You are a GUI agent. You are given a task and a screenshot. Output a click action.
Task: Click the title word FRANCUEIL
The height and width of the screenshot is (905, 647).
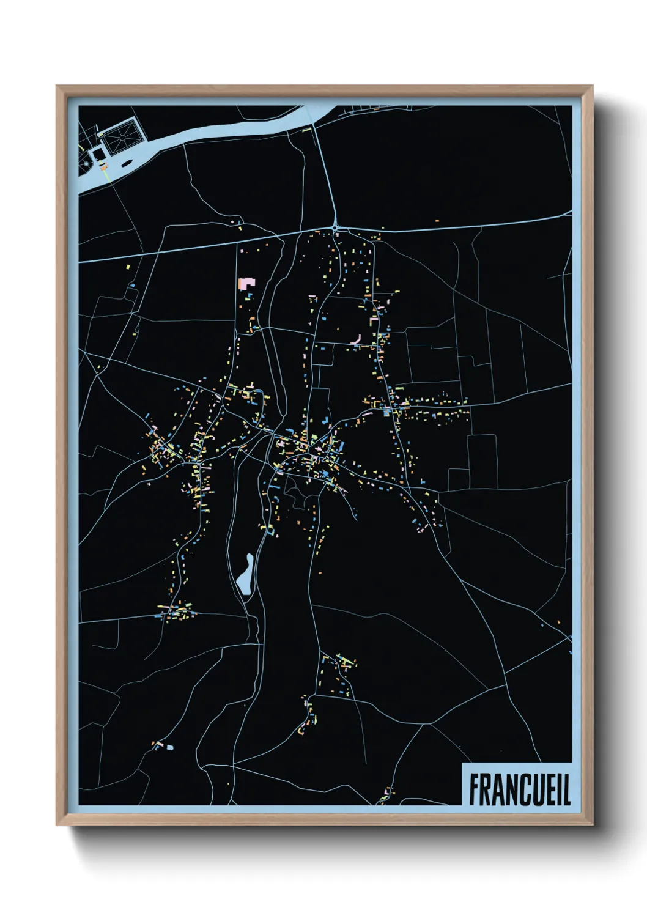[x=519, y=789]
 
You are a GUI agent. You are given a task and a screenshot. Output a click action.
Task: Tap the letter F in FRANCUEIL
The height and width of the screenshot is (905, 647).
[x=475, y=789]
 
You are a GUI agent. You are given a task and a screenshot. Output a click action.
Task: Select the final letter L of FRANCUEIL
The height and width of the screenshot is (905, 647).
[x=566, y=789]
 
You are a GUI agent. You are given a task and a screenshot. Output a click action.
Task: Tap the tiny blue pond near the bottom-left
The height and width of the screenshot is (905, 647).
[x=169, y=747]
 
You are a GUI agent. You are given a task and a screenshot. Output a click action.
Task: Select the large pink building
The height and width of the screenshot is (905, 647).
[x=246, y=284]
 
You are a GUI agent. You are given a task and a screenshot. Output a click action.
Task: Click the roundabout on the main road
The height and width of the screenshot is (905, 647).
[x=336, y=229]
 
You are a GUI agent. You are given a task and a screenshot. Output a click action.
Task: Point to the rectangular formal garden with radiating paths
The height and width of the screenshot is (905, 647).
[x=122, y=138]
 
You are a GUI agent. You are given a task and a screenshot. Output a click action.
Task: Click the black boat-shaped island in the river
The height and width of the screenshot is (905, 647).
[x=127, y=163]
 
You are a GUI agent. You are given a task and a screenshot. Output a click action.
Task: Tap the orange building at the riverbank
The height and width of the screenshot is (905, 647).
[x=105, y=166]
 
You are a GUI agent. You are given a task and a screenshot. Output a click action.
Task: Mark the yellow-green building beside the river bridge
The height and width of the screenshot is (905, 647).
[x=312, y=127]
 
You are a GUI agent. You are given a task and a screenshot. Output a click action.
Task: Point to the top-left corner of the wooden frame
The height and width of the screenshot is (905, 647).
[x=57, y=86]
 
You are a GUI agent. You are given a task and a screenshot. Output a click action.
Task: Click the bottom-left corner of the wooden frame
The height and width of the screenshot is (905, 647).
[x=57, y=824]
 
